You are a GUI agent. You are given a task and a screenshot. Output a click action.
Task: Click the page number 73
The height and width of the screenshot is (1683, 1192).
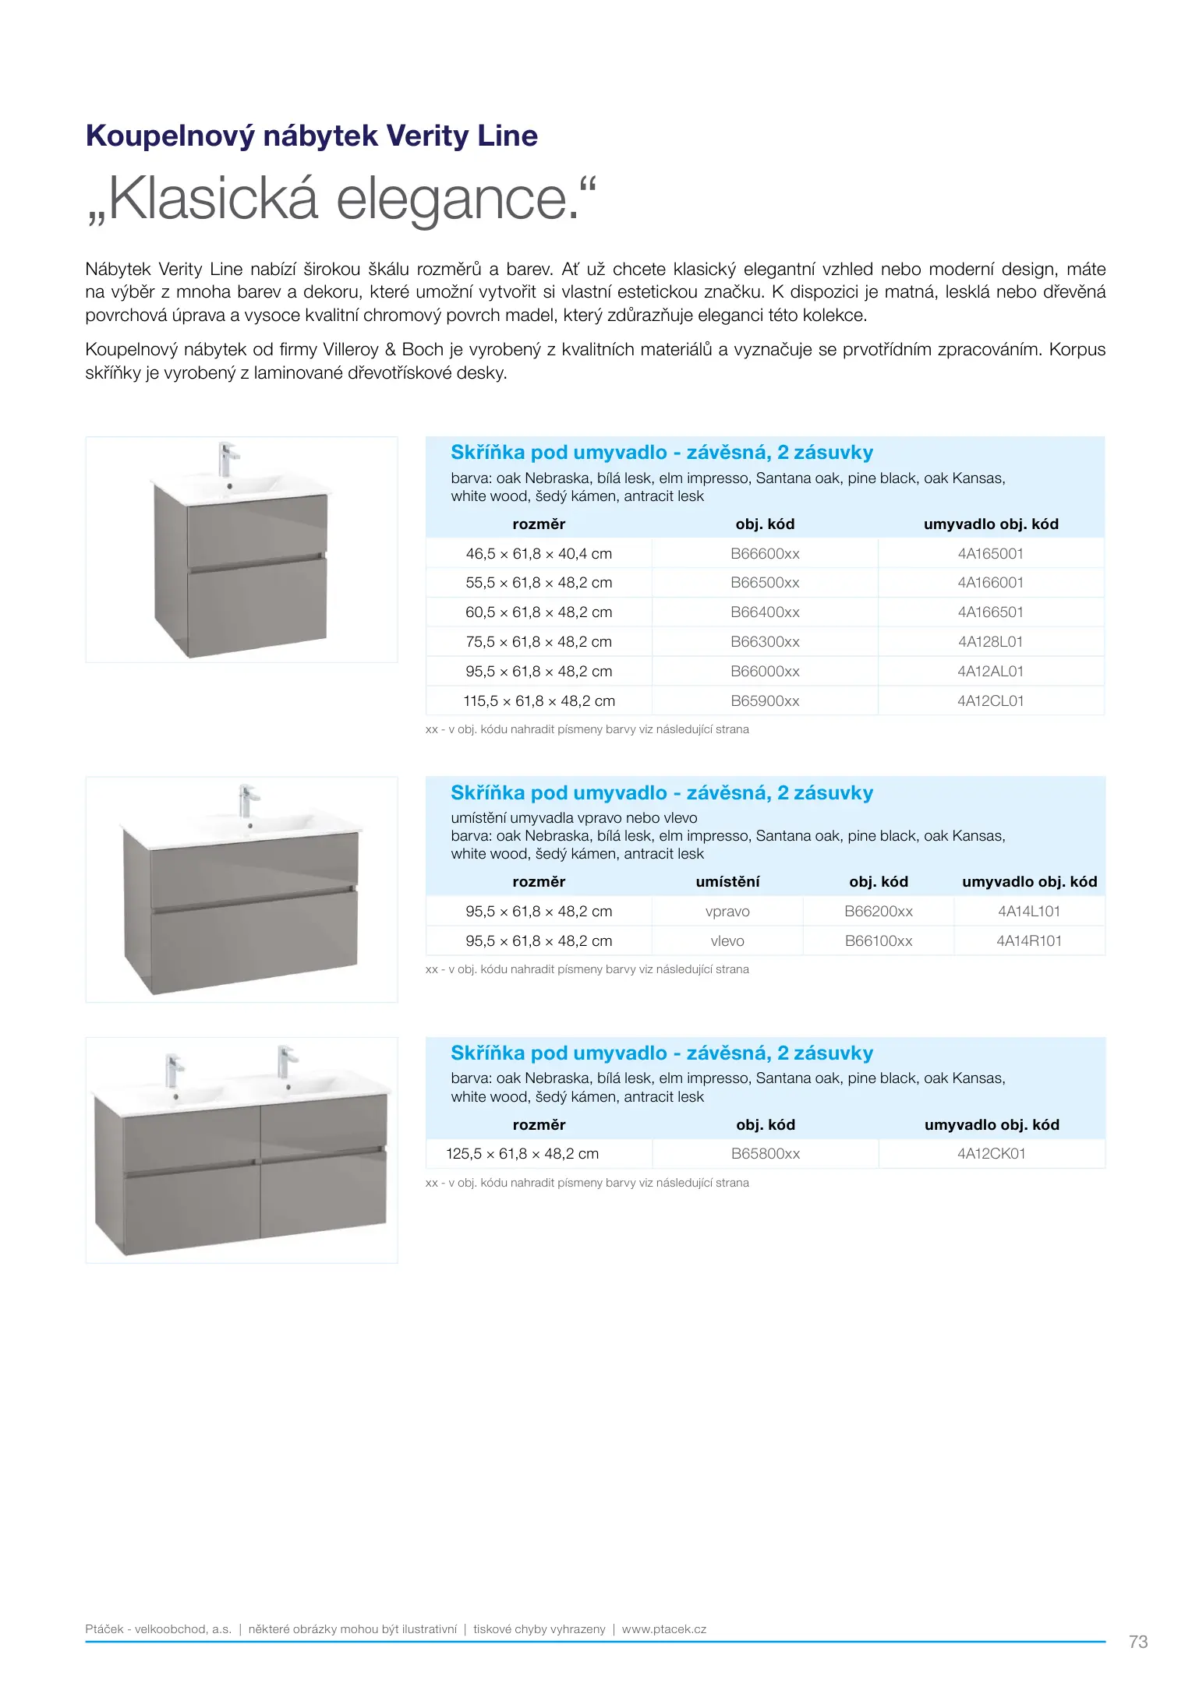pos(1137,1642)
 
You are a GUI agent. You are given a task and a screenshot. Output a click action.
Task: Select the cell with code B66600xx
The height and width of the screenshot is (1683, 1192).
pos(765,554)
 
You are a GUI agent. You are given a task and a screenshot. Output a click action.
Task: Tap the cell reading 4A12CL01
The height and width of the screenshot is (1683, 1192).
pos(990,701)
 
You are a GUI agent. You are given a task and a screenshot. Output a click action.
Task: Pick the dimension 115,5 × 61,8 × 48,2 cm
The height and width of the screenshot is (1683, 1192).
pos(539,701)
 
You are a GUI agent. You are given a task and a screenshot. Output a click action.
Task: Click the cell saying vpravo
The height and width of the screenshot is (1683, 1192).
pos(727,912)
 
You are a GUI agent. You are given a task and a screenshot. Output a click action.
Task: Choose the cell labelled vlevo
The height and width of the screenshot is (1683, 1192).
pos(727,941)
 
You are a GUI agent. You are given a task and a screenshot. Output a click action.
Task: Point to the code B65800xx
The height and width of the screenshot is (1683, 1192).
pos(765,1154)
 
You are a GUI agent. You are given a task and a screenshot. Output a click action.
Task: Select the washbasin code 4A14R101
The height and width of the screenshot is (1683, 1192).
pos(1029,941)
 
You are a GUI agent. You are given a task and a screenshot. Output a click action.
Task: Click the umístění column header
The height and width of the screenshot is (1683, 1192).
pos(727,882)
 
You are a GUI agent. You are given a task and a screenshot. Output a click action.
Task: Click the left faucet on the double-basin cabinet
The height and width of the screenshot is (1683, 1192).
pos(173,1071)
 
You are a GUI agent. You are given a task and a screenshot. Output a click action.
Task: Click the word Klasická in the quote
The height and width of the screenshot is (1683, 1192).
pos(213,199)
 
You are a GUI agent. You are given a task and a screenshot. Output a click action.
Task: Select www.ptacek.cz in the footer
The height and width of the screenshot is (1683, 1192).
pos(663,1629)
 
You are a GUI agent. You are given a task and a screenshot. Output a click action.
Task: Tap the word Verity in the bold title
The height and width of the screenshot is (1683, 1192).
pos(427,136)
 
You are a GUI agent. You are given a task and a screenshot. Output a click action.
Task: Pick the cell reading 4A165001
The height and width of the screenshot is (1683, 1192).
pos(990,554)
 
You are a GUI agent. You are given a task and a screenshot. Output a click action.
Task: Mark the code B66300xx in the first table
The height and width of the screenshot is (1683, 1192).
pos(765,642)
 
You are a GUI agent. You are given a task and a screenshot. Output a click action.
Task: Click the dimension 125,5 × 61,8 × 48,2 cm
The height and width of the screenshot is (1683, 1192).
pos(522,1154)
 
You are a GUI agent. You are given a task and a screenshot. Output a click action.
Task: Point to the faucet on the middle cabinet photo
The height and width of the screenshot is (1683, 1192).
pos(247,799)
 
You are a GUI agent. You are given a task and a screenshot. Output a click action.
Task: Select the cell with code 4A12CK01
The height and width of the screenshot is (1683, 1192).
pos(991,1154)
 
